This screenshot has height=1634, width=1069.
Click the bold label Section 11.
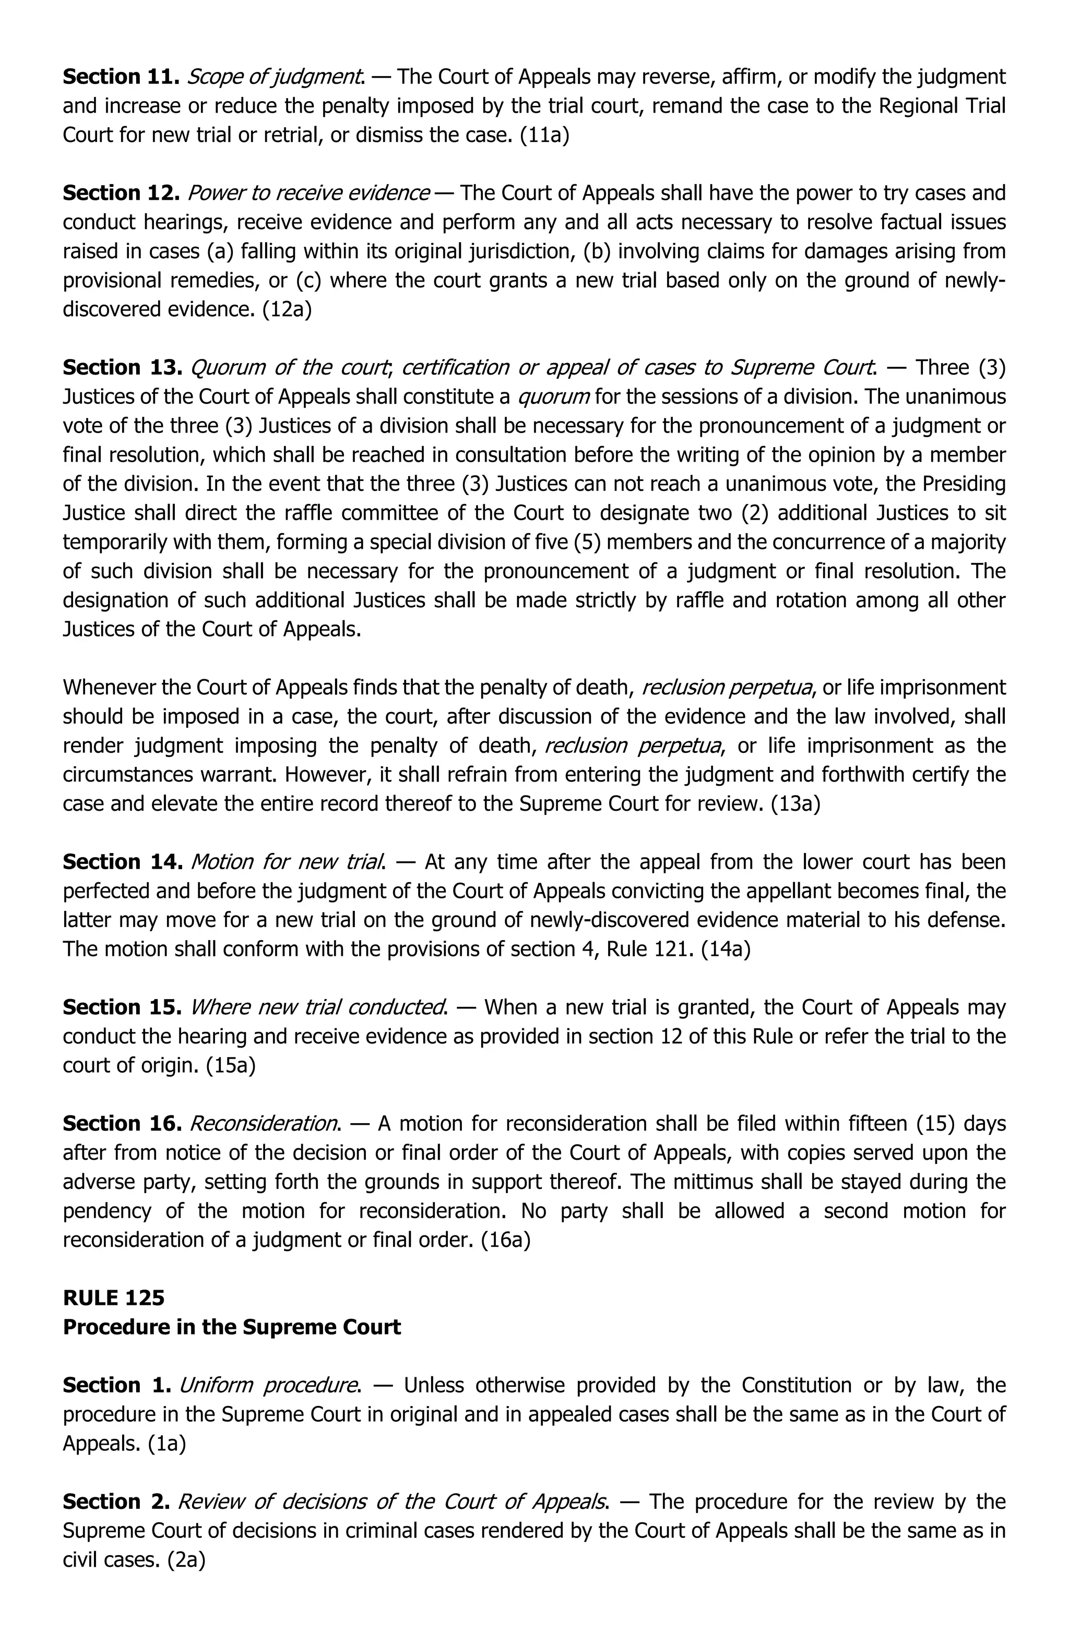pyautogui.click(x=121, y=77)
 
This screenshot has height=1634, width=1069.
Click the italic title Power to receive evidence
pyautogui.click(x=308, y=193)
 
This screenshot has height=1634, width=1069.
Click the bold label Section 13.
pyautogui.click(x=122, y=367)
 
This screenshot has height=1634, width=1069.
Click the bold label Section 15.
pyautogui.click(x=122, y=1007)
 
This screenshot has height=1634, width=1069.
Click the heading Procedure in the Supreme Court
pyautogui.click(x=232, y=1326)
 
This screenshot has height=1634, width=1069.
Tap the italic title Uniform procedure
pyautogui.click(x=270, y=1385)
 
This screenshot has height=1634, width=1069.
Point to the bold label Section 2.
pyautogui.click(x=116, y=1501)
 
